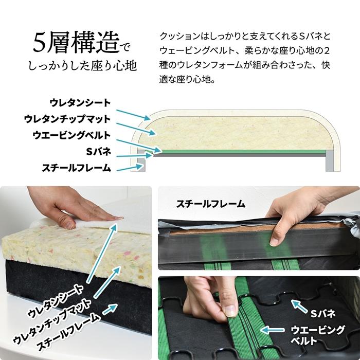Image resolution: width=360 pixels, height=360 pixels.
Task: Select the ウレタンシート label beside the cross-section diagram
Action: [x=80, y=103]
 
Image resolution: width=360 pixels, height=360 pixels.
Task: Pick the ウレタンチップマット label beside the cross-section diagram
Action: [x=67, y=119]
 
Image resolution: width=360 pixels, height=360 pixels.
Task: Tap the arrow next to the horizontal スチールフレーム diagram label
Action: [x=128, y=167]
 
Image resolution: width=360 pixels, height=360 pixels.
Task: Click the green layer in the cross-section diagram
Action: [x=242, y=151]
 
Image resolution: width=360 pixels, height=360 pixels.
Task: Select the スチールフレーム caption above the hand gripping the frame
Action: [x=210, y=204]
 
